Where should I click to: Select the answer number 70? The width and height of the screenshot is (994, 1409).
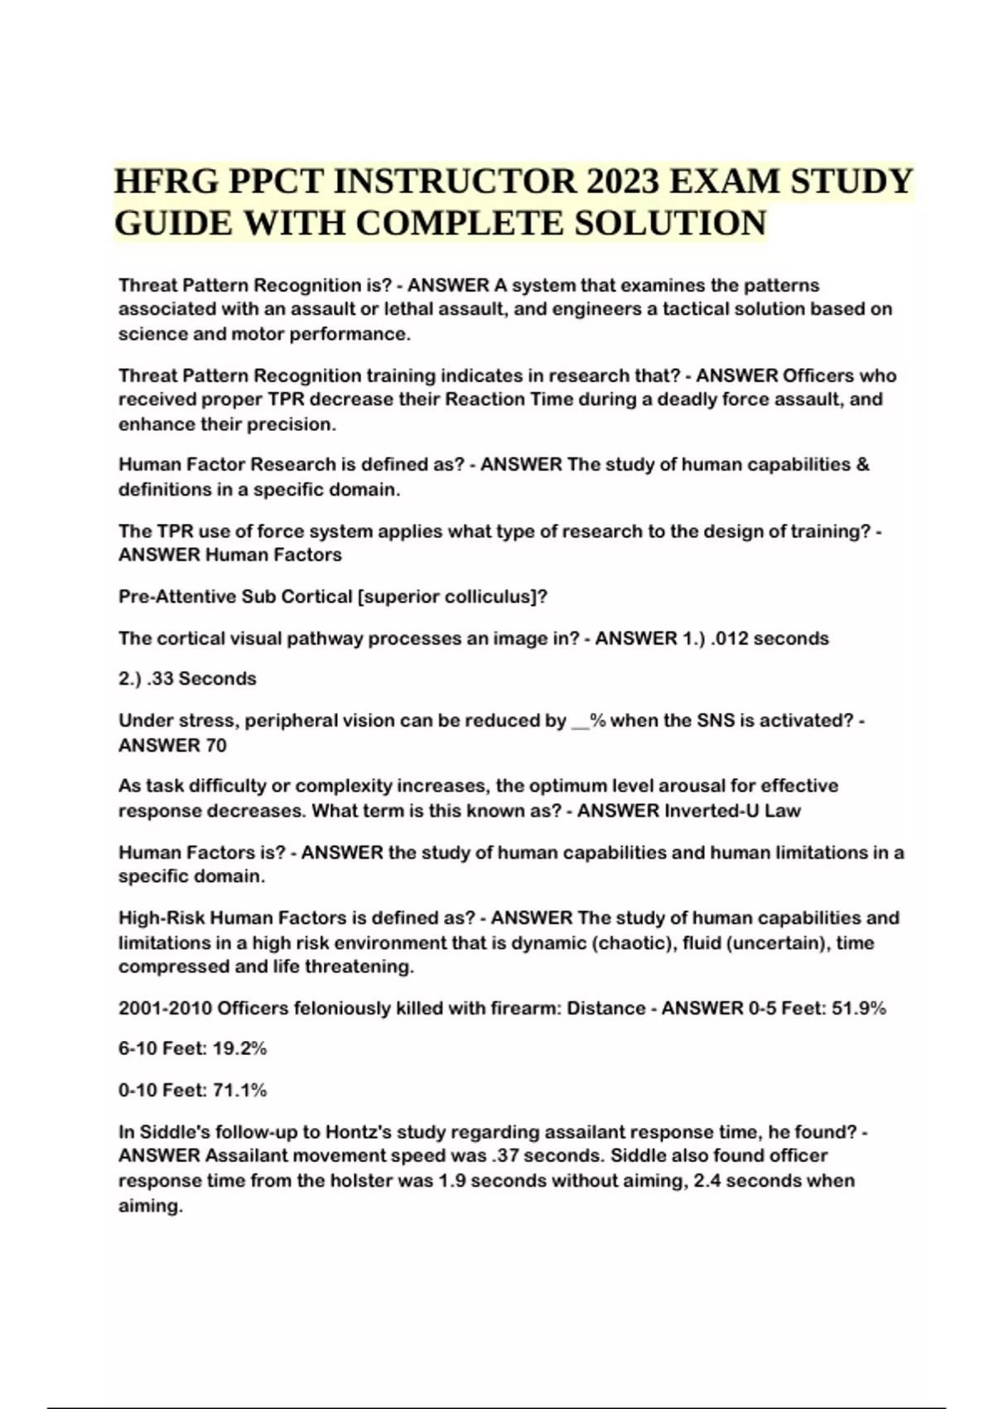[215, 745]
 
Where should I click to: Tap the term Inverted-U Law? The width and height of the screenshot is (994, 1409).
[732, 811]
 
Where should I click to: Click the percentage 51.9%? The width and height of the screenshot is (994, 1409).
[859, 1009]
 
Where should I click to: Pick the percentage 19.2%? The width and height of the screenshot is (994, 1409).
[240, 1048]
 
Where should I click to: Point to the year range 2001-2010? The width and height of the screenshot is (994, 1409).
[165, 1009]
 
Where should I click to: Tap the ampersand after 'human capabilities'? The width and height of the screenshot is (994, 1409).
[861, 464]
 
